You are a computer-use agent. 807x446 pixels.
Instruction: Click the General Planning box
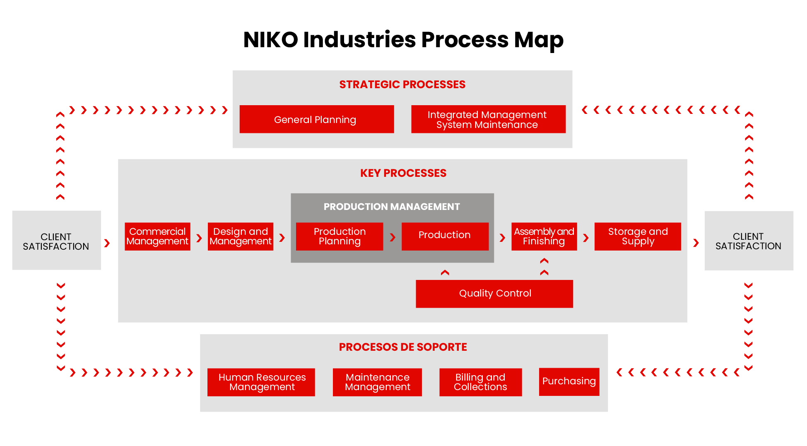coord(316,119)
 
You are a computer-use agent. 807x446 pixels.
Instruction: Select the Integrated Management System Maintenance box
coord(488,119)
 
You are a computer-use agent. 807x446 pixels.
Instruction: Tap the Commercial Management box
coord(157,236)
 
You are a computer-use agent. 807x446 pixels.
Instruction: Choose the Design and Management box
coord(240,236)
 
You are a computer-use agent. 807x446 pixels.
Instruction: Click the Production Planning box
coord(339,236)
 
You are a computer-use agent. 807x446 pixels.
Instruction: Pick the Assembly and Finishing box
coord(544,236)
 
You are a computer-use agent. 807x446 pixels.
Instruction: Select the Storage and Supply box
coord(637,236)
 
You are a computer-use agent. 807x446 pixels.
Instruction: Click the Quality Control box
coord(494,294)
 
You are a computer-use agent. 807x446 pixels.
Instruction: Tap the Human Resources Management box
coord(261,382)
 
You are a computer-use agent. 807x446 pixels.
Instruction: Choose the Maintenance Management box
coord(377,382)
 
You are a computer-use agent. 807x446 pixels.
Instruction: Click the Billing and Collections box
coord(480,382)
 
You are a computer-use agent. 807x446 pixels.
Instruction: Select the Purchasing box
coord(569,381)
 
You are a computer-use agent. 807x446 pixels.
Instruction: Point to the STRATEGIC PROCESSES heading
coord(402,84)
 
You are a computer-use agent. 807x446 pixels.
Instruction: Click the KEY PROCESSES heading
coord(403,173)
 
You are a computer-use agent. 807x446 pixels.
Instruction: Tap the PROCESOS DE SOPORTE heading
coord(402,347)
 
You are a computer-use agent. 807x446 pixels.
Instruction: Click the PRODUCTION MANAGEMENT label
coord(391,207)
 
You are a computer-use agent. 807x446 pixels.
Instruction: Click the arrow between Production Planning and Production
coord(393,237)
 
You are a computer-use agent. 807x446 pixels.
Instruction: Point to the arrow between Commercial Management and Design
coord(199,238)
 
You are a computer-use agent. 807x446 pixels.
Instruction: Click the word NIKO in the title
coord(270,40)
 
